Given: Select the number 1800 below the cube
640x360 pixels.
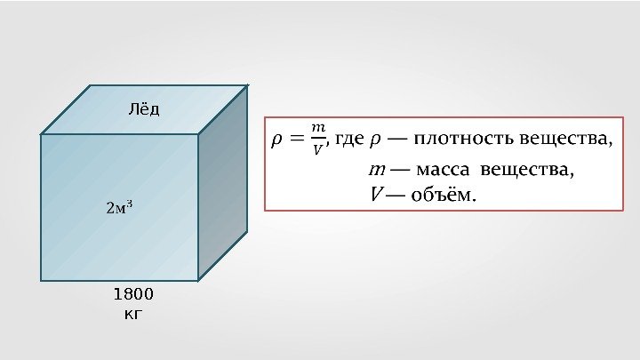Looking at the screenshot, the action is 134,294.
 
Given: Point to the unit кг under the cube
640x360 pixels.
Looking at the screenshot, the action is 133,313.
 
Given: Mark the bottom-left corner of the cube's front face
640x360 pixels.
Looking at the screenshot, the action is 42,280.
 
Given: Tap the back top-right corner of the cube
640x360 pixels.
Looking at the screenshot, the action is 247,86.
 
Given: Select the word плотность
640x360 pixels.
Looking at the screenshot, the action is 464,139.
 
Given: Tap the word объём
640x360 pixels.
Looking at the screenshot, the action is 442,194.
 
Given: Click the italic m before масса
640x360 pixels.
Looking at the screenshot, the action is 376,170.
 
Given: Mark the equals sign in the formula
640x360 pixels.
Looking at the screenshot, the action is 295,139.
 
